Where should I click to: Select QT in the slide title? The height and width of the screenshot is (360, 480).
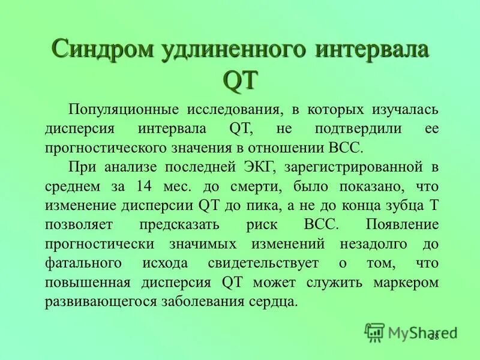(x=240, y=79)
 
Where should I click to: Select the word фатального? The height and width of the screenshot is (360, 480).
(x=82, y=263)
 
